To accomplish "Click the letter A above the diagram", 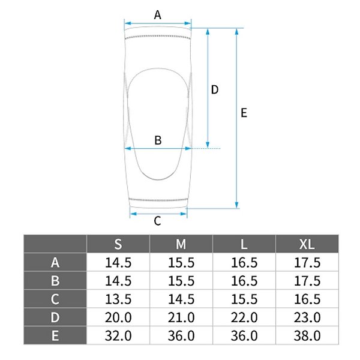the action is [157, 15].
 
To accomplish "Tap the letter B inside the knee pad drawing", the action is [158, 140].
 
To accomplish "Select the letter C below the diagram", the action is [157, 221].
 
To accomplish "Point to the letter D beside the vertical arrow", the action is [215, 89].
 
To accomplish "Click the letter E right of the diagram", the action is [244, 113].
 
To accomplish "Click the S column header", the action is [118, 244].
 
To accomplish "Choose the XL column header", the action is [307, 244].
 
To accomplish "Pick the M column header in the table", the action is [181, 244].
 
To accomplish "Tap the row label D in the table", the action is [55, 317].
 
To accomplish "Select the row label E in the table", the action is [55, 335].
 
